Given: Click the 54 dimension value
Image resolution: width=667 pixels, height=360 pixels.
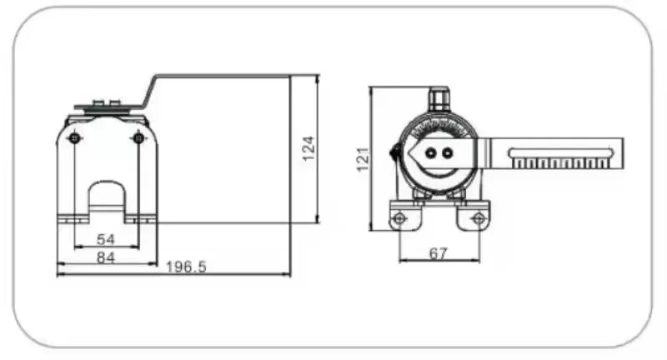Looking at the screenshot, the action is pos(106,239).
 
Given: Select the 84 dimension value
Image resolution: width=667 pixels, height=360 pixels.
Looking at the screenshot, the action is pos(106,257).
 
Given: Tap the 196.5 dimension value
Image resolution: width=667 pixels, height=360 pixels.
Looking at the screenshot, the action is pos(186,267).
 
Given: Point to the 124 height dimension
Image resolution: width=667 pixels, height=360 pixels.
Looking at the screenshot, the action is pos(309,148).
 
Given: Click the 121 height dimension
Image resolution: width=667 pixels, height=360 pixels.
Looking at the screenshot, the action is pos(363,159).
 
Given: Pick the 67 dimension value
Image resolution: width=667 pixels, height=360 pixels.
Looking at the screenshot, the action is pos(439,253).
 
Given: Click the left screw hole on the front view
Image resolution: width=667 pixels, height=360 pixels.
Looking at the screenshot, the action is pos(75,138).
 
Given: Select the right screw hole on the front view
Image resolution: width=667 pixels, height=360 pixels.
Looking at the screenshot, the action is pos(138,138).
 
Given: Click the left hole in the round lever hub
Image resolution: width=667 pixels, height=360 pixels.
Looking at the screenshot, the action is pos(431,153).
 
